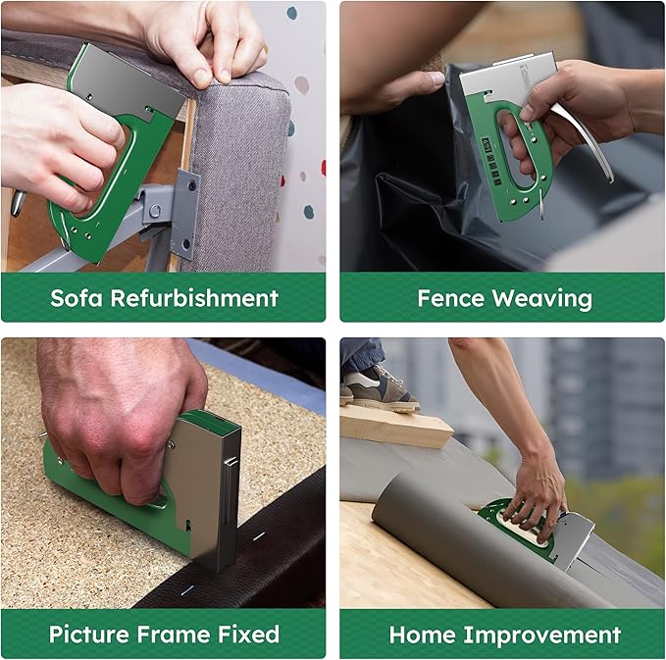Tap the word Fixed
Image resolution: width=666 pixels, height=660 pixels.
(249, 634)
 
